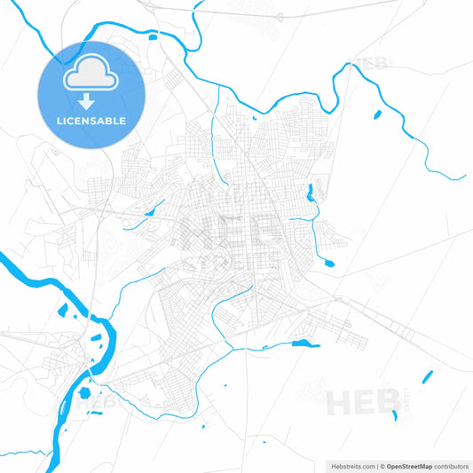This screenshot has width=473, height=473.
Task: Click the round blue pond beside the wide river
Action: point(84,392)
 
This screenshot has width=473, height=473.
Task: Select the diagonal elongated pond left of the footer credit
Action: point(427,376)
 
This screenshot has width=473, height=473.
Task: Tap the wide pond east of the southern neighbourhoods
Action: point(305,343)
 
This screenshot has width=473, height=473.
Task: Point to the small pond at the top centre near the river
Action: point(152,36)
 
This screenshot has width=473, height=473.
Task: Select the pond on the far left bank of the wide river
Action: point(61,312)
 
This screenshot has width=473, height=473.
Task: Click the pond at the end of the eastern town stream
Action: point(329,263)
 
